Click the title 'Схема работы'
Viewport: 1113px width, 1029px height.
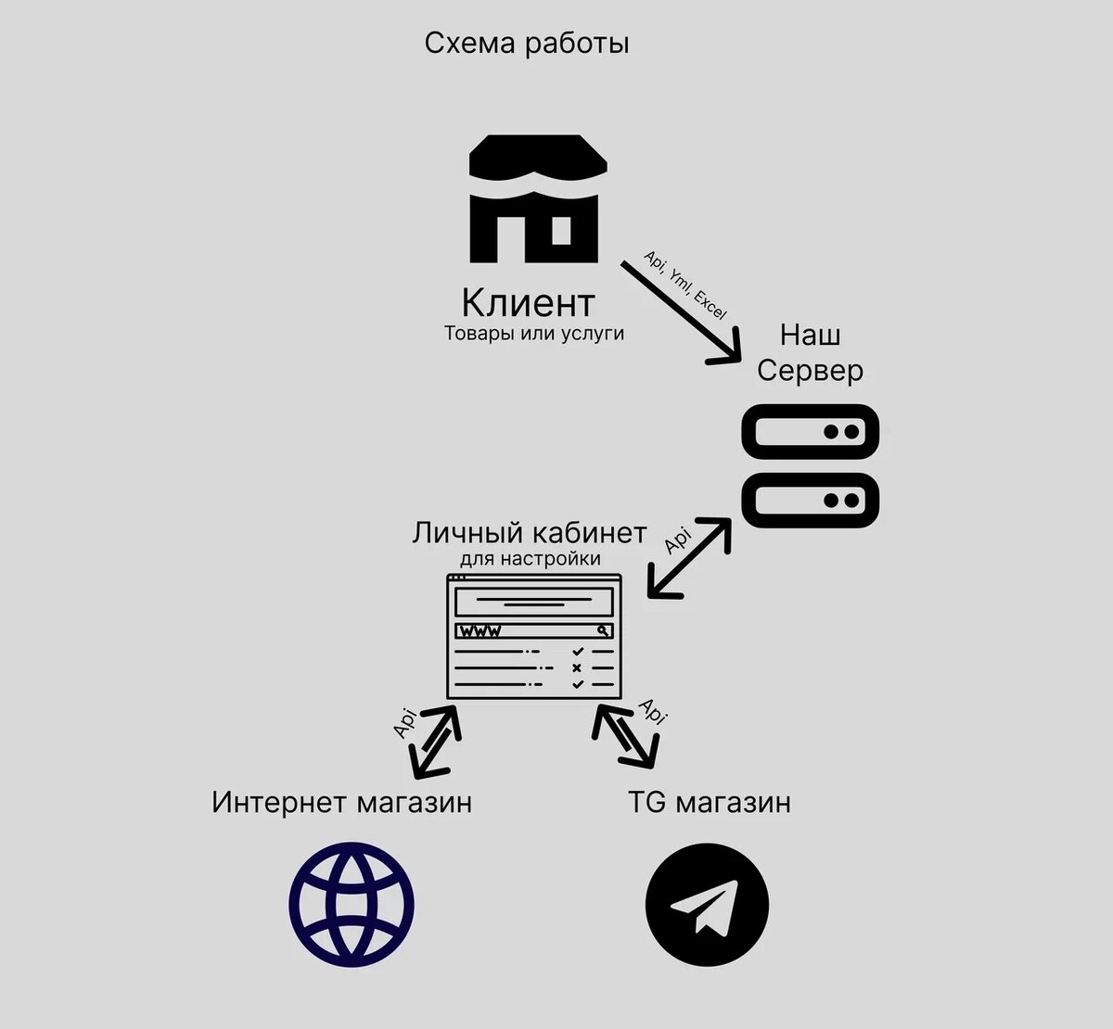point(527,44)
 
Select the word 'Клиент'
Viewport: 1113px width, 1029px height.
point(528,302)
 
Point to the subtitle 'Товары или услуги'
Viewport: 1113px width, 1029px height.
point(534,334)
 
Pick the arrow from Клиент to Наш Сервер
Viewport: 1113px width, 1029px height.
point(679,311)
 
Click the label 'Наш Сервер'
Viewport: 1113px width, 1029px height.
point(810,352)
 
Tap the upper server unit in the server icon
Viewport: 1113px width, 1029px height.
point(810,432)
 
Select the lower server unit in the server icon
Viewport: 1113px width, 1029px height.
point(810,501)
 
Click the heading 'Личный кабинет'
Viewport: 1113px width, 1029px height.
point(530,533)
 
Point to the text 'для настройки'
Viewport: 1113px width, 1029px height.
point(530,559)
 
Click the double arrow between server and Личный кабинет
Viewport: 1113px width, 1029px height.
point(689,557)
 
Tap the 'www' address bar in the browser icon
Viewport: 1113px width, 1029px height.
point(533,631)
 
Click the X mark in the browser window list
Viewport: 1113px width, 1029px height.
point(577,667)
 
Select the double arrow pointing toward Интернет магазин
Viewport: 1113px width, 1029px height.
point(435,741)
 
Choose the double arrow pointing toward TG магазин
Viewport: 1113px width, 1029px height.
point(627,736)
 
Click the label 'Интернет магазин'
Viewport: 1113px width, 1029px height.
point(341,802)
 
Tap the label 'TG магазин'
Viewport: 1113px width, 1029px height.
point(710,802)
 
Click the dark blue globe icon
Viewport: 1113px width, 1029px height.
point(352,904)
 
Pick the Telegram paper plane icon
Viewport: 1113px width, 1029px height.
point(707,905)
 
